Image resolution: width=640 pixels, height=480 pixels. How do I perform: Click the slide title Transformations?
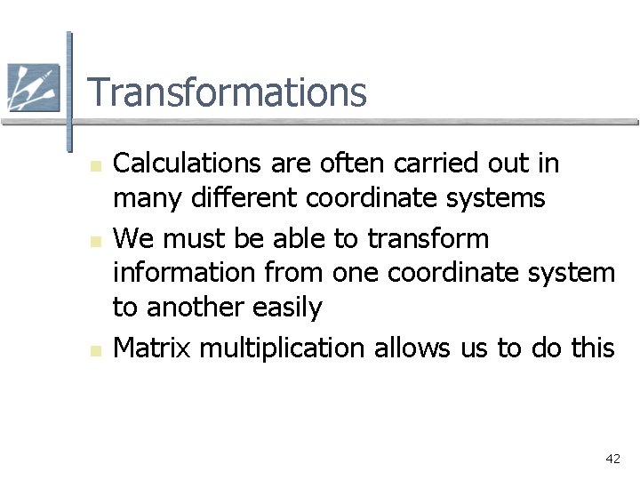[227, 92]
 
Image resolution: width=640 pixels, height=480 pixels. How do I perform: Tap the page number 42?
[612, 459]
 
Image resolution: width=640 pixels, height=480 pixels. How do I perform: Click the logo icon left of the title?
[33, 87]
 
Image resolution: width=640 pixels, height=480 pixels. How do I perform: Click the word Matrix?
[152, 348]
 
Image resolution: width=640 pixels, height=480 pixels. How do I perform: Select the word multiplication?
[282, 348]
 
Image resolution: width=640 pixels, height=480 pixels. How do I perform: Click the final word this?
[592, 348]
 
